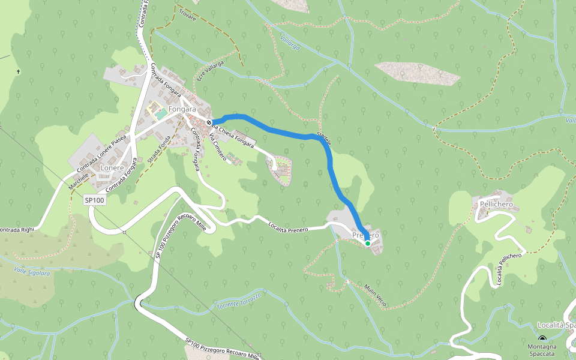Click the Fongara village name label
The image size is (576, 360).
(x=182, y=110)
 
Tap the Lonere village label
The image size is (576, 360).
(x=112, y=168)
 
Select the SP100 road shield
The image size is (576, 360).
(x=95, y=200)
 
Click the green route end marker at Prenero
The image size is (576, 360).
(x=368, y=243)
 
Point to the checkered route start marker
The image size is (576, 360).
(x=209, y=123)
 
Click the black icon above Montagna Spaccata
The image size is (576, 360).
(x=542, y=339)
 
